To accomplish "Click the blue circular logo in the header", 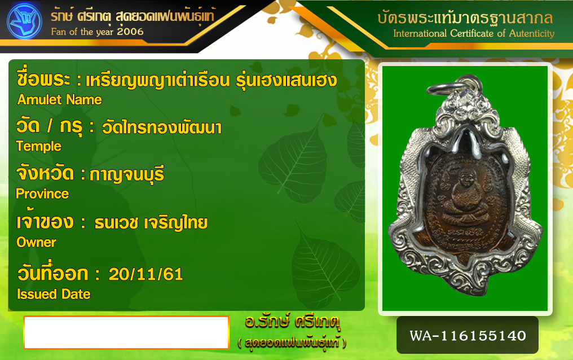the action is [24, 21].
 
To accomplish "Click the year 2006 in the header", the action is [130, 32].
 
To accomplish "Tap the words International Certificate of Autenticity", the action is [474, 34].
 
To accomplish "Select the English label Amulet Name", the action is [60, 100].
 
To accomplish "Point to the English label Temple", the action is [39, 146].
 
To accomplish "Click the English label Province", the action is [42, 194].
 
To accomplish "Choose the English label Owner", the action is [36, 242].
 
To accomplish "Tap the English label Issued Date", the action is [54, 294].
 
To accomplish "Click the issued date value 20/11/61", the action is [146, 274].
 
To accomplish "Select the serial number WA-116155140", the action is [468, 336].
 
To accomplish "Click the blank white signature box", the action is [126, 332].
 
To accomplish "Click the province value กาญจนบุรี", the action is [127, 174].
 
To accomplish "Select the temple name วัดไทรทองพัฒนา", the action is [161, 127].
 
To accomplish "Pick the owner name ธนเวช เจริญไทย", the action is [151, 222].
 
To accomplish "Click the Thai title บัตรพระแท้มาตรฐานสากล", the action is [465, 18].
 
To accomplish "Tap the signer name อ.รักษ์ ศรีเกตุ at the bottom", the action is [292, 322].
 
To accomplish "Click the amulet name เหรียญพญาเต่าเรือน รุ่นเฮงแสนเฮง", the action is [211, 80].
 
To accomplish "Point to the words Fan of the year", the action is [82, 32].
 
